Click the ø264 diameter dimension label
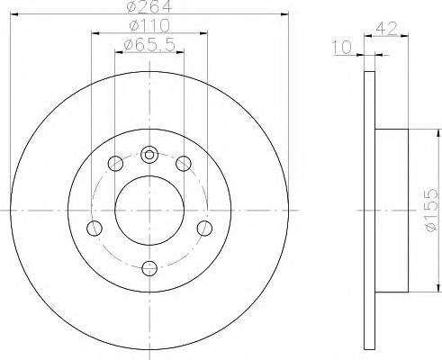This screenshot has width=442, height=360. click(x=149, y=8)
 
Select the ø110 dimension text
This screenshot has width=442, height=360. click(x=149, y=28)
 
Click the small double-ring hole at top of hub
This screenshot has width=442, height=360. click(x=149, y=153)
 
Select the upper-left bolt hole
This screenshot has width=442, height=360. click(x=114, y=164)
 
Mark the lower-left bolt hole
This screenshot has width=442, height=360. click(x=93, y=229)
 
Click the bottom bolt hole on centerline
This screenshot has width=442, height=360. click(x=149, y=267)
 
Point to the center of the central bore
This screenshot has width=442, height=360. click(x=149, y=211)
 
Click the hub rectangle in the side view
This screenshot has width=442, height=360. click(x=392, y=209)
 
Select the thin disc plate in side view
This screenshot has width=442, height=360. click(x=367, y=209)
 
